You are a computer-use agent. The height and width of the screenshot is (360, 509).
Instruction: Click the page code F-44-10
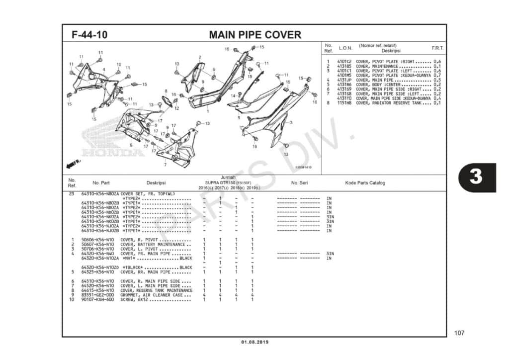pyautogui.click(x=89, y=35)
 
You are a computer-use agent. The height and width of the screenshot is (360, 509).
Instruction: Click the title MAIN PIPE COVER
pyautogui.click(x=255, y=35)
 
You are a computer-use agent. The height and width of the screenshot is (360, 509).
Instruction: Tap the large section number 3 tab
pyautogui.click(x=476, y=177)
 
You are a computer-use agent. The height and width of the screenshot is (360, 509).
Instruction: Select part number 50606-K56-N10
pyautogui.click(x=97, y=240)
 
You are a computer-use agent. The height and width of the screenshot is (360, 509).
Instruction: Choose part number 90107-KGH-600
pyautogui.click(x=97, y=299)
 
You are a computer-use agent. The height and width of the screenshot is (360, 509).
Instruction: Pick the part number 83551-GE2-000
pyautogui.click(x=97, y=295)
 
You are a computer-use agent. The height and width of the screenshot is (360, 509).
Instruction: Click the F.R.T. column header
pyautogui.click(x=437, y=48)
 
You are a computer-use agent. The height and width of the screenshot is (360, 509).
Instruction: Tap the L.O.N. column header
pyautogui.click(x=345, y=48)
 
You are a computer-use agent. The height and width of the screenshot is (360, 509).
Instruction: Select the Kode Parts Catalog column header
pyautogui.click(x=365, y=183)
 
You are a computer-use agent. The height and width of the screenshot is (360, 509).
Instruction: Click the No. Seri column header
pyautogui.click(x=300, y=183)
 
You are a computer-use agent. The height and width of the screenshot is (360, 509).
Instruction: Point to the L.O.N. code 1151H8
pyautogui.click(x=344, y=103)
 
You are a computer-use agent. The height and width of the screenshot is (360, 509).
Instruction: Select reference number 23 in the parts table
pyautogui.click(x=72, y=193)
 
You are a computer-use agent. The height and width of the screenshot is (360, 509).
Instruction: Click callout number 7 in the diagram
pyautogui.click(x=165, y=165)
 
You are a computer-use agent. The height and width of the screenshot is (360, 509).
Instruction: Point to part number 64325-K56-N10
pyautogui.click(x=97, y=272)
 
